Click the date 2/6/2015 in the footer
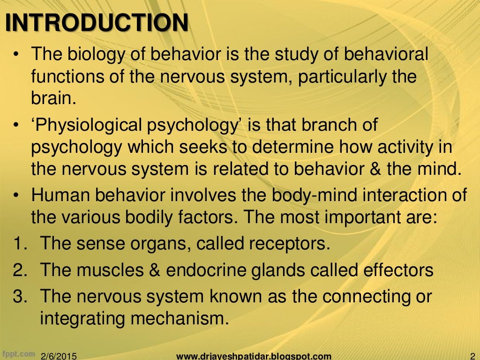point(60,356)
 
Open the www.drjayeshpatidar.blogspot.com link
point(254,356)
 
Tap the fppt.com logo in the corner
point(19,353)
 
